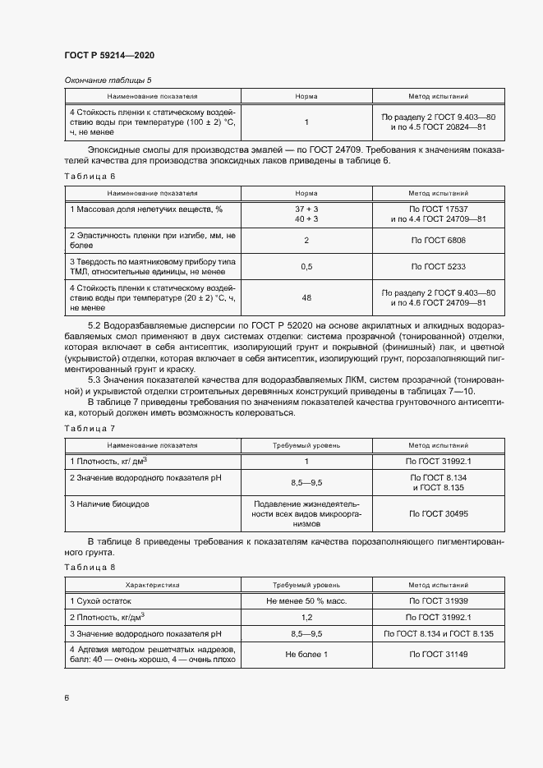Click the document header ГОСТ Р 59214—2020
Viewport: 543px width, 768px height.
click(109, 55)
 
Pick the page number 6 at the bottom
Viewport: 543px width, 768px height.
click(67, 697)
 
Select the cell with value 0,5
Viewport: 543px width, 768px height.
click(306, 267)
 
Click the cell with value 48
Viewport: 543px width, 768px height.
click(306, 298)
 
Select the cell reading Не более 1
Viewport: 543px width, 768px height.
click(306, 654)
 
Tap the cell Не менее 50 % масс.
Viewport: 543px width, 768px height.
click(306, 602)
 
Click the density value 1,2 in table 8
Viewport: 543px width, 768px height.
click(306, 617)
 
